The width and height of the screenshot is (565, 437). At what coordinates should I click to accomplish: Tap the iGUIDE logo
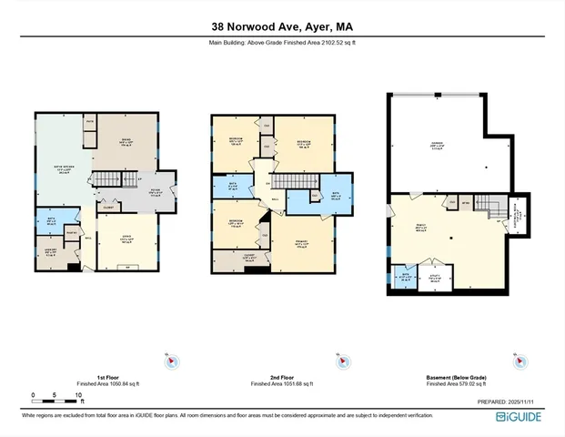pyautogui.click(x=519, y=416)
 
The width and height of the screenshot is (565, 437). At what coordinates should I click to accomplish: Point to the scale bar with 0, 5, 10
pyautogui.click(x=57, y=397)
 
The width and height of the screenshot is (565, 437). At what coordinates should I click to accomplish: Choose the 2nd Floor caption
pyautogui.click(x=282, y=375)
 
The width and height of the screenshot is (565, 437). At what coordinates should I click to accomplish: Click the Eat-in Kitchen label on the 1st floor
pyautogui.click(x=62, y=169)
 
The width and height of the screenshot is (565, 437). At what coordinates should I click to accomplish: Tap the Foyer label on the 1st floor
pyautogui.click(x=155, y=190)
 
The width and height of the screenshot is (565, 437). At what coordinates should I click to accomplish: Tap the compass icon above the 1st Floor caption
pyautogui.click(x=170, y=361)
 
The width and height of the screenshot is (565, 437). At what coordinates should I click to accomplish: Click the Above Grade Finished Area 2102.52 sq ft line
pyautogui.click(x=282, y=43)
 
